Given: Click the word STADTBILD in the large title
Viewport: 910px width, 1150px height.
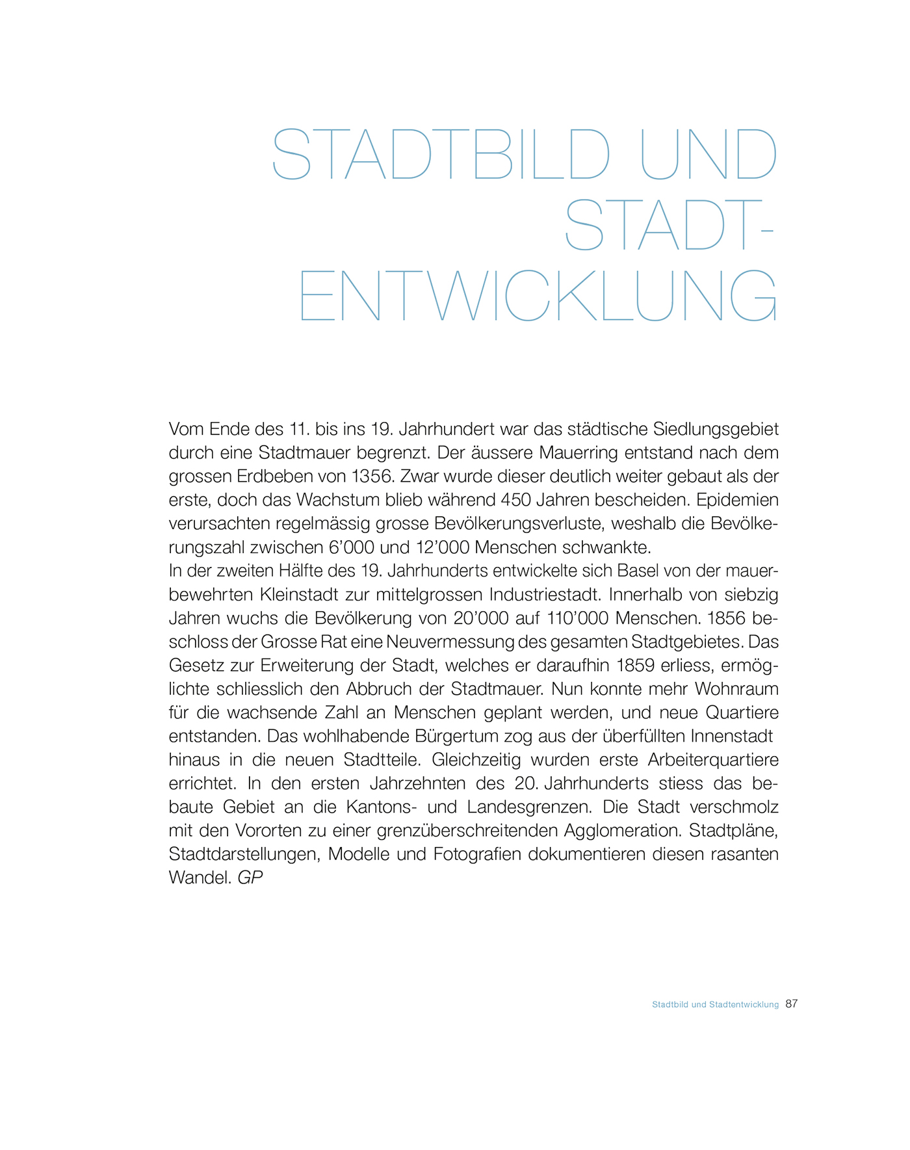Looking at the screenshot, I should point(441,154).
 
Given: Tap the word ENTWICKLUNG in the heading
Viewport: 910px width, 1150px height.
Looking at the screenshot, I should point(538,296).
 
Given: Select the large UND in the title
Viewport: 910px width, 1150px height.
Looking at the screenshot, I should point(708,154).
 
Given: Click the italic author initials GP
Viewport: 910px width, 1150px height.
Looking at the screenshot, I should point(250,878).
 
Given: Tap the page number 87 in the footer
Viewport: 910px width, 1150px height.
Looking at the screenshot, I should point(791,1004).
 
